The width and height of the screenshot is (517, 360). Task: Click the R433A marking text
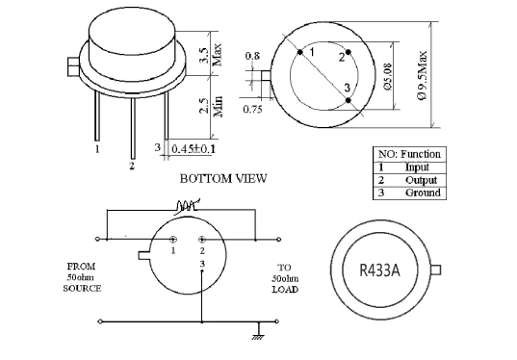[379, 270]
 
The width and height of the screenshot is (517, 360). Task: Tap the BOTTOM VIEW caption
[223, 179]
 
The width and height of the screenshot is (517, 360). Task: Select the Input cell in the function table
[417, 167]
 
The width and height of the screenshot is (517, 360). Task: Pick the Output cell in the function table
[421, 180]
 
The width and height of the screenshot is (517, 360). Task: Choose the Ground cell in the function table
[423, 193]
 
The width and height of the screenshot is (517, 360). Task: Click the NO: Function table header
[409, 154]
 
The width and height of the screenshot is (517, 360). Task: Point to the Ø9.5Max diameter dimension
[423, 75]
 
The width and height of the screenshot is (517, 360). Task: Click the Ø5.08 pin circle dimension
[387, 76]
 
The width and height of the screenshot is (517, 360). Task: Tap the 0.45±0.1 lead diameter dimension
[194, 148]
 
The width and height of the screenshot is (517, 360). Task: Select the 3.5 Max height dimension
[210, 55]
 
